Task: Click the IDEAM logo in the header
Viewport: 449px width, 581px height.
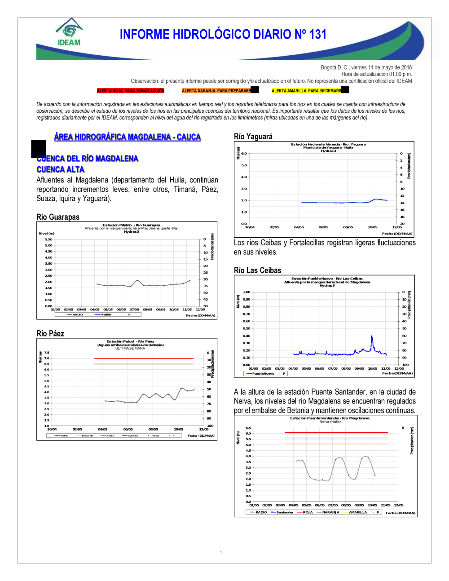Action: [x=69, y=32]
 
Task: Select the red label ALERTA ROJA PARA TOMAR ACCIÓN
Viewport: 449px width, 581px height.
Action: [x=131, y=91]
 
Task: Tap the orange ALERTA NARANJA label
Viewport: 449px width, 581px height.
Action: [x=216, y=91]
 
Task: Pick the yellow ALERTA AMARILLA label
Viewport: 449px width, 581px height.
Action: [x=306, y=91]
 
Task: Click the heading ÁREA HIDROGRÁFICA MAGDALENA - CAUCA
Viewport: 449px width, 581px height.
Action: [x=127, y=137]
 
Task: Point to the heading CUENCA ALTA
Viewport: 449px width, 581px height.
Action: [x=61, y=169]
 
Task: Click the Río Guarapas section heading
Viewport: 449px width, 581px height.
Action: [x=58, y=217]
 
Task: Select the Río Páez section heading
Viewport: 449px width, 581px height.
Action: [x=50, y=333]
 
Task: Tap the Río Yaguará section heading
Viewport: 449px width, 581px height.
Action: [x=253, y=137]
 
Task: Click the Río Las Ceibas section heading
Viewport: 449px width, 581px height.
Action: [x=258, y=271]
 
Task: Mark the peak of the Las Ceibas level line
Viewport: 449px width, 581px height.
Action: [x=372, y=336]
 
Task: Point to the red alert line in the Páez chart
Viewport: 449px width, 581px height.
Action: [x=144, y=358]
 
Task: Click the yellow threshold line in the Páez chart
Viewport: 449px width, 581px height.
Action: [x=144, y=369]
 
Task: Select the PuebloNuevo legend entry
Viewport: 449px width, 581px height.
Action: [x=263, y=373]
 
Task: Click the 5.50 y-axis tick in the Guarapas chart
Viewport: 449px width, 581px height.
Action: [x=48, y=239]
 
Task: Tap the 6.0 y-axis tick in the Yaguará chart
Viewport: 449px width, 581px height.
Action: [x=244, y=154]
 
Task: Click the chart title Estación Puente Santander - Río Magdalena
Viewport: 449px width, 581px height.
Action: [x=330, y=418]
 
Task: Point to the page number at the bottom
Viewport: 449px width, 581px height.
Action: [x=221, y=553]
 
